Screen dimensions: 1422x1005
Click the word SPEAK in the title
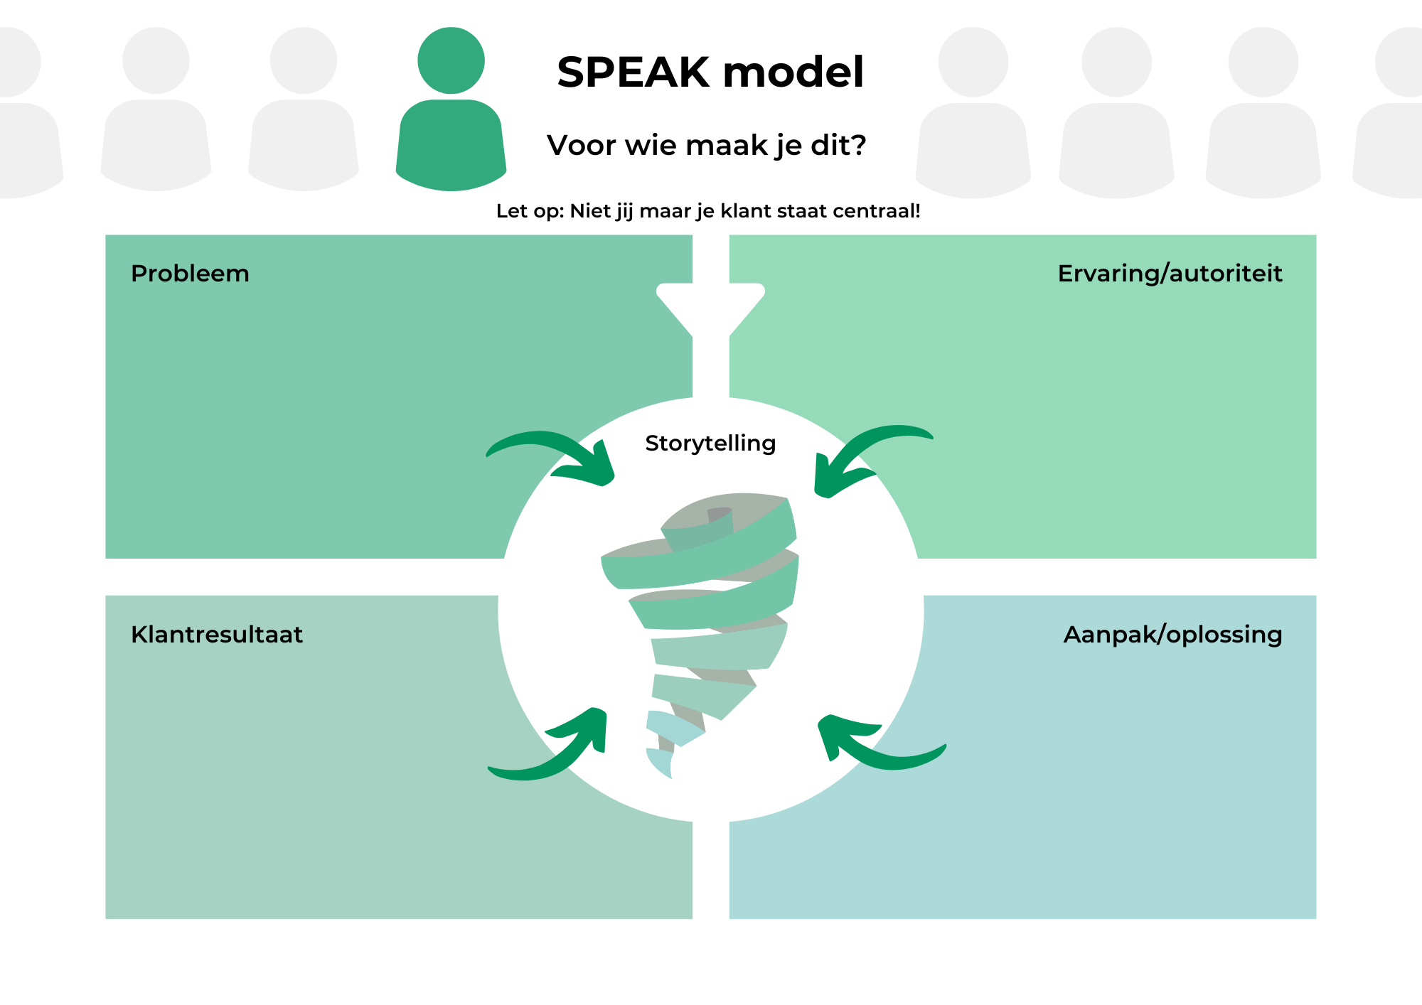(634, 72)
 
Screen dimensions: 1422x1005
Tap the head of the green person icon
(451, 60)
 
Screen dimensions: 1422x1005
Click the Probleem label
(190, 274)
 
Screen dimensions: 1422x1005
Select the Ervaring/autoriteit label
(1170, 274)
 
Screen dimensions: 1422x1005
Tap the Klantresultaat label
(217, 634)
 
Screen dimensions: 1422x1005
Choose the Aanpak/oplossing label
(1173, 635)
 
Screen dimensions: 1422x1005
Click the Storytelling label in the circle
(710, 444)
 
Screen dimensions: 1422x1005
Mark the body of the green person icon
(451, 145)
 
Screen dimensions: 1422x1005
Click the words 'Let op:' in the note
(530, 211)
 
